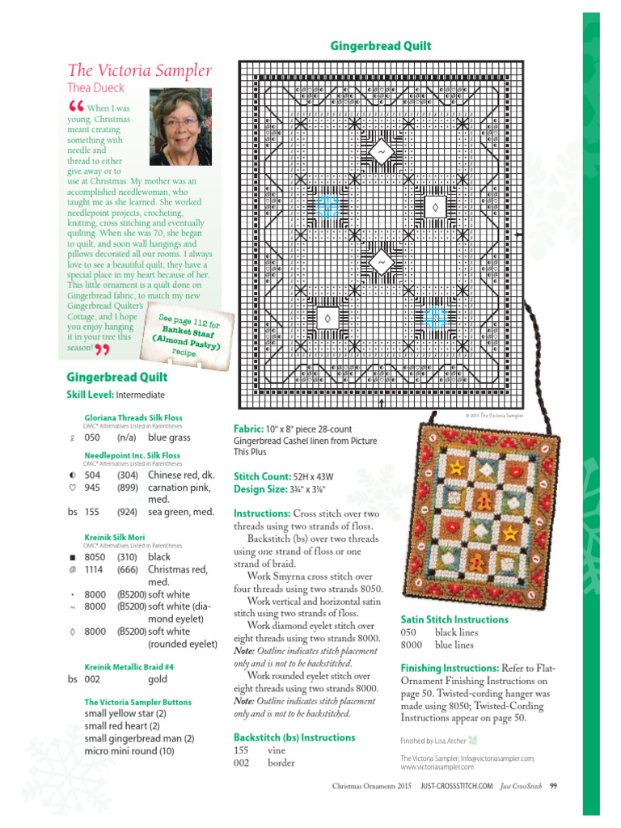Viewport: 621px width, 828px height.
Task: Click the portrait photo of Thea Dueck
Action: tap(180, 127)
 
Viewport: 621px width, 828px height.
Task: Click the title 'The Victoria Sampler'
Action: tap(140, 70)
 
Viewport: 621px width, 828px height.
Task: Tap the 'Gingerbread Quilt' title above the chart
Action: tap(381, 46)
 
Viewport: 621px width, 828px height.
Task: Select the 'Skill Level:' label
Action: tap(90, 395)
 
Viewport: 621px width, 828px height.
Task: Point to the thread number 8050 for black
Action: tap(95, 557)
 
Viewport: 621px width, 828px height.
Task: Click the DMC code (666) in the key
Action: tap(128, 571)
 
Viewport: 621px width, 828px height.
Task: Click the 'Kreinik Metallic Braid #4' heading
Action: tap(129, 666)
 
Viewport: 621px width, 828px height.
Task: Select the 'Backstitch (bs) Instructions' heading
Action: tap(294, 737)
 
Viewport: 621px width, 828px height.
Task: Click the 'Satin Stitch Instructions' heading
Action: tap(454, 619)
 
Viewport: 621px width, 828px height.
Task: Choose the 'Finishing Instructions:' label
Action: tap(450, 668)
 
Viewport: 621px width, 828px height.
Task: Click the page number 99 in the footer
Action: tap(553, 785)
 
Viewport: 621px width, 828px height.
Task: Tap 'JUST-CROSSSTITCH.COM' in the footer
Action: tap(457, 785)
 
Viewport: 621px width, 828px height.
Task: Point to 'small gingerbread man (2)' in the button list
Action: tap(138, 738)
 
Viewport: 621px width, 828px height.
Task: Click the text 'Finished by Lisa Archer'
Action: tap(433, 740)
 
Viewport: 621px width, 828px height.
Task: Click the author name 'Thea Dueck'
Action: tap(95, 88)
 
